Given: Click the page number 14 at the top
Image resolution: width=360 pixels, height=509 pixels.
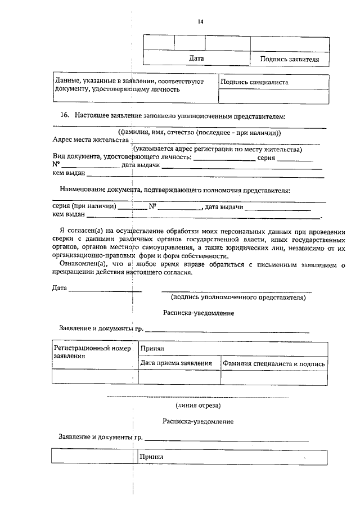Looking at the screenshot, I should click(200, 22).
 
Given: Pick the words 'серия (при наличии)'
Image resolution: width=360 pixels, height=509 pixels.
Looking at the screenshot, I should click(84, 206).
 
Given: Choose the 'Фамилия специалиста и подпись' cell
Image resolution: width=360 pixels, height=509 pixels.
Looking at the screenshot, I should click(273, 363).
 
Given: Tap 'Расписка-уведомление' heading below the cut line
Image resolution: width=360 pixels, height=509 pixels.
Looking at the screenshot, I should click(198, 421).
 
